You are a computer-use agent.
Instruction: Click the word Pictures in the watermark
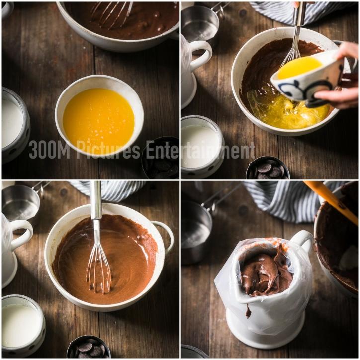point(107,150)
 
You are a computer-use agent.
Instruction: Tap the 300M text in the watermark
point(49,150)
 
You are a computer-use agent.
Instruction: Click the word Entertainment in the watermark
point(200,150)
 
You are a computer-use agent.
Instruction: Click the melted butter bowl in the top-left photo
point(99,115)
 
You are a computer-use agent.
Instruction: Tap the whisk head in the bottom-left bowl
point(99,271)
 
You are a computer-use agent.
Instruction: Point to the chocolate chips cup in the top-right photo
point(268,168)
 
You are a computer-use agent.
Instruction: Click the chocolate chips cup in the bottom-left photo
point(89,347)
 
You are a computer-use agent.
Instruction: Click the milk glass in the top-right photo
point(201,147)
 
